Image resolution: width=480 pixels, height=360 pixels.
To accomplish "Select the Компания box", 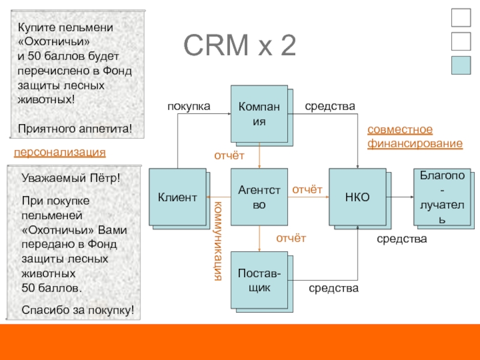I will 259,113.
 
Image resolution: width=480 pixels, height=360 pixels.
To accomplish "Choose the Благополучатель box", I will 441,197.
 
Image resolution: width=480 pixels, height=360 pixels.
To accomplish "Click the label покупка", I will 188,106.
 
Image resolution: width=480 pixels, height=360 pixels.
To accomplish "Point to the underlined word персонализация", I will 59,152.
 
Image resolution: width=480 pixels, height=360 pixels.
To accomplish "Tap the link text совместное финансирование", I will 414,137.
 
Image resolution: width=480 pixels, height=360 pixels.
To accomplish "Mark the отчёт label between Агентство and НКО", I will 307,190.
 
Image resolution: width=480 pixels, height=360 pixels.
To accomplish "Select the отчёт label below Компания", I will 230,156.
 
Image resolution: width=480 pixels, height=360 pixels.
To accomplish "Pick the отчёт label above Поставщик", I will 291,238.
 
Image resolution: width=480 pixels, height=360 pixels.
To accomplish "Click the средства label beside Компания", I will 330,106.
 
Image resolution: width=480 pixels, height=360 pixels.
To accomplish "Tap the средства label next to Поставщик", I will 334,289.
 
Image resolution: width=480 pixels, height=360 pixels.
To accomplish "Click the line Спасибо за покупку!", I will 77,310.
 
